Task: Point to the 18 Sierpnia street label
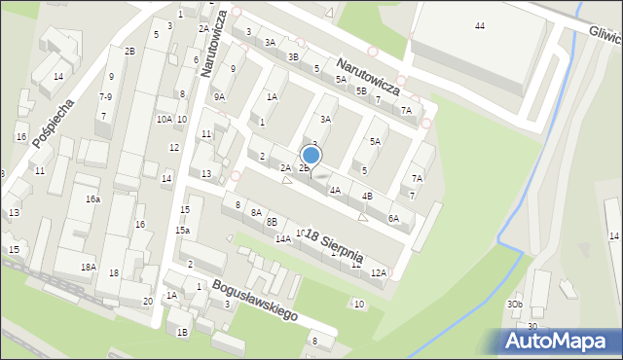[x=334, y=246]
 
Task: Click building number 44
[x=479, y=24]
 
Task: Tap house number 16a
[x=92, y=198]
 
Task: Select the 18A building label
[x=88, y=267]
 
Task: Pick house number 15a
[x=182, y=231]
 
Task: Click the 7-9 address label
[x=105, y=96]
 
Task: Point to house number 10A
[x=164, y=119]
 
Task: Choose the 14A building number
[x=282, y=238]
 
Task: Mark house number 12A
[x=379, y=272]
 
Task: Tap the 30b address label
[x=514, y=304]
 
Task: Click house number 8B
[x=272, y=222]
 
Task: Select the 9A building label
[x=220, y=96]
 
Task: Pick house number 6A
[x=393, y=219]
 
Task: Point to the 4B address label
[x=367, y=196]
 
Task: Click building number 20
[x=147, y=301]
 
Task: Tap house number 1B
[x=181, y=332]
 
